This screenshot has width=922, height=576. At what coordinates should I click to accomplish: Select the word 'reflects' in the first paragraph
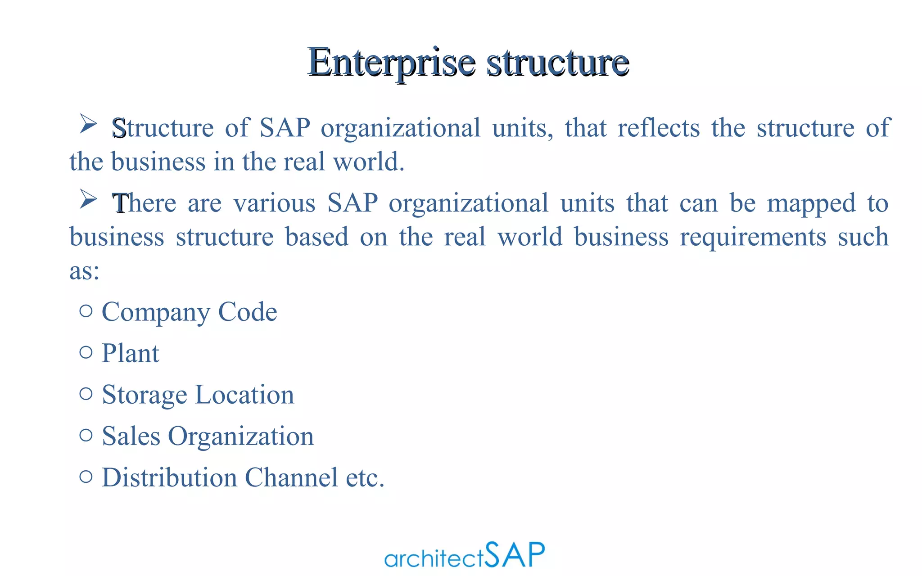(x=658, y=128)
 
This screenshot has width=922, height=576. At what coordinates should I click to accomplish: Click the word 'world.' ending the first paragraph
(x=369, y=162)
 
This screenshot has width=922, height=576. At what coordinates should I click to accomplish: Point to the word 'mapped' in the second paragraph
(x=811, y=203)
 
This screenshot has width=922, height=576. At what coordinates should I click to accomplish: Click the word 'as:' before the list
(x=84, y=270)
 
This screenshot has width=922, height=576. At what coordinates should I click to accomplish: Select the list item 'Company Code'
(x=189, y=312)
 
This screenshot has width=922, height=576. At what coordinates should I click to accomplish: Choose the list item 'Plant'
(x=130, y=353)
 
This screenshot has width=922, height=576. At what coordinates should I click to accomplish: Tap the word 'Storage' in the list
(x=144, y=395)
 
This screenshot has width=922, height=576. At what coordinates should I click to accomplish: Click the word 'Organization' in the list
(x=240, y=436)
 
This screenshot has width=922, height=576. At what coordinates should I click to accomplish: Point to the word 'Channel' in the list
(x=291, y=477)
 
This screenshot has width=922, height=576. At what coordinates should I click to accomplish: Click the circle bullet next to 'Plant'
(x=86, y=352)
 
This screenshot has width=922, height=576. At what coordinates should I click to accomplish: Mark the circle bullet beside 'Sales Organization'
(x=86, y=435)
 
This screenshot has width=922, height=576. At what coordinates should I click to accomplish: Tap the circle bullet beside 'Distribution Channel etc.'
(x=86, y=476)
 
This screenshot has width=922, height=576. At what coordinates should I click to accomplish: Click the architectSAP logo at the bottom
(x=464, y=555)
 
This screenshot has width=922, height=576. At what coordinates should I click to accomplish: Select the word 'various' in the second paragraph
(x=274, y=203)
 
